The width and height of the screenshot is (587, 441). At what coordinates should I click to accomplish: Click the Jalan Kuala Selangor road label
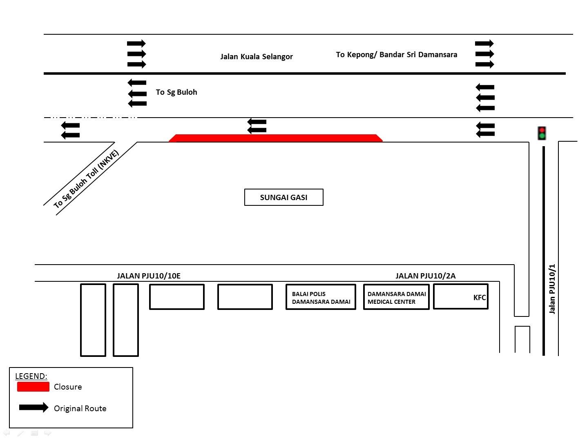pyautogui.click(x=257, y=57)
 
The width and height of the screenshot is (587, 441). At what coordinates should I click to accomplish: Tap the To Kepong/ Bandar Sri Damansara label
pyautogui.click(x=397, y=55)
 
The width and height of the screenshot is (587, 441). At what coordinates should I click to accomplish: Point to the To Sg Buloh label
pyautogui.click(x=176, y=92)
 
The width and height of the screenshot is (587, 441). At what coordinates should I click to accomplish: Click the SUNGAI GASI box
pyautogui.click(x=284, y=197)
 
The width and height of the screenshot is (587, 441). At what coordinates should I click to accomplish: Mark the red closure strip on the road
pyautogui.click(x=276, y=138)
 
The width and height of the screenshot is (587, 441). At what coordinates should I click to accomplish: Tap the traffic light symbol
pyautogui.click(x=542, y=133)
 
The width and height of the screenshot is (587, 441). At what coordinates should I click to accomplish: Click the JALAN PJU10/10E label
pyautogui.click(x=149, y=276)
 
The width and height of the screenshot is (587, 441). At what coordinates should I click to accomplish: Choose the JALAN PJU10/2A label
pyautogui.click(x=426, y=276)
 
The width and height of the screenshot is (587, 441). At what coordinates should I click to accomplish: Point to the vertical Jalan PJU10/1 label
pyautogui.click(x=552, y=289)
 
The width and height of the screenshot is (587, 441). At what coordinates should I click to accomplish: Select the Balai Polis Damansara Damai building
pyautogui.click(x=321, y=297)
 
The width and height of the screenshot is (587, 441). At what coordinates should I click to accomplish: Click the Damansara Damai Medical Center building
pyautogui.click(x=396, y=297)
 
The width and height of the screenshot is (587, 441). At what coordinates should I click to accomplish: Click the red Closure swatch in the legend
pyautogui.click(x=33, y=387)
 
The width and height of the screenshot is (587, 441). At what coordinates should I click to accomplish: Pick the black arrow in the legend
pyautogui.click(x=33, y=408)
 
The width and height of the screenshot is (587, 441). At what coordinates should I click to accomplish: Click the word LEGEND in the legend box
pyautogui.click(x=31, y=376)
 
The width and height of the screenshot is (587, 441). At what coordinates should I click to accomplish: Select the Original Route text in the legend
pyautogui.click(x=80, y=408)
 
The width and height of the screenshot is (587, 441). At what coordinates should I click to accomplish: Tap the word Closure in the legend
pyautogui.click(x=68, y=387)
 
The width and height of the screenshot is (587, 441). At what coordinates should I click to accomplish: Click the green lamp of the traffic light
pyautogui.click(x=542, y=136)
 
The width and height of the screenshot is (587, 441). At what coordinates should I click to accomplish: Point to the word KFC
pyautogui.click(x=480, y=298)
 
